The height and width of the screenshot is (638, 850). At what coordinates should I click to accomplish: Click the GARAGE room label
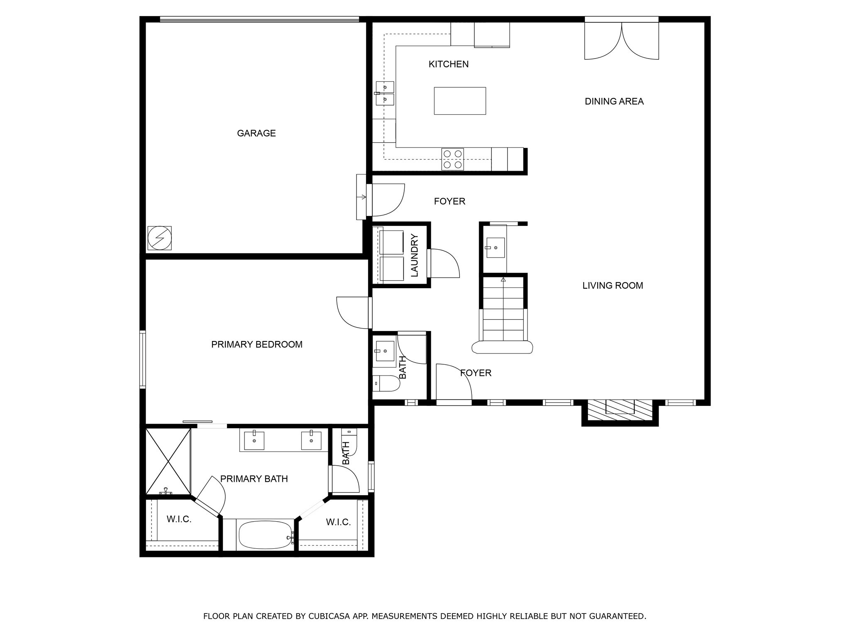tap(256, 133)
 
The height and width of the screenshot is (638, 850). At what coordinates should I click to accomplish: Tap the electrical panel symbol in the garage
tap(159, 238)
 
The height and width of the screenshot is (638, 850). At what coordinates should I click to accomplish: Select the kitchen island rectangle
tap(460, 101)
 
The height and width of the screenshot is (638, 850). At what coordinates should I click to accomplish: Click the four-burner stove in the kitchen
tap(452, 159)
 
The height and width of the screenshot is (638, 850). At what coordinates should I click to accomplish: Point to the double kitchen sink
tap(385, 93)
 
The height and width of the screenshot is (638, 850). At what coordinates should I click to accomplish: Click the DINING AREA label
tap(614, 101)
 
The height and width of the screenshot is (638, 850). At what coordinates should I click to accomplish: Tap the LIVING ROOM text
tap(613, 286)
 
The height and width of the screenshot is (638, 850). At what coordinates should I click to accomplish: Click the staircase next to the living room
tap(503, 316)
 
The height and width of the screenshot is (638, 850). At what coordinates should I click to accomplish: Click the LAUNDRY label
tap(414, 255)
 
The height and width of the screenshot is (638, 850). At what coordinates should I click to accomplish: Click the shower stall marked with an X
tap(168, 461)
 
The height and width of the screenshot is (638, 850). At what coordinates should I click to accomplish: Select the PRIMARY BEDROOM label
tap(256, 344)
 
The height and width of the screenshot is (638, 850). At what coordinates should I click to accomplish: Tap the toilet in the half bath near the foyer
tap(386, 383)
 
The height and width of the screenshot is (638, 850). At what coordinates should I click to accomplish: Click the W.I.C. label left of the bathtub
tap(179, 519)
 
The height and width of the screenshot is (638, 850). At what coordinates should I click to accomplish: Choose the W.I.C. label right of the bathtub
tap(338, 522)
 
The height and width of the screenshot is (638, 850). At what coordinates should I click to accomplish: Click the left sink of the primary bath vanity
tap(254, 441)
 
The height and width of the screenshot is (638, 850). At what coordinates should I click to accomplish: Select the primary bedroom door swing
tap(353, 312)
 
